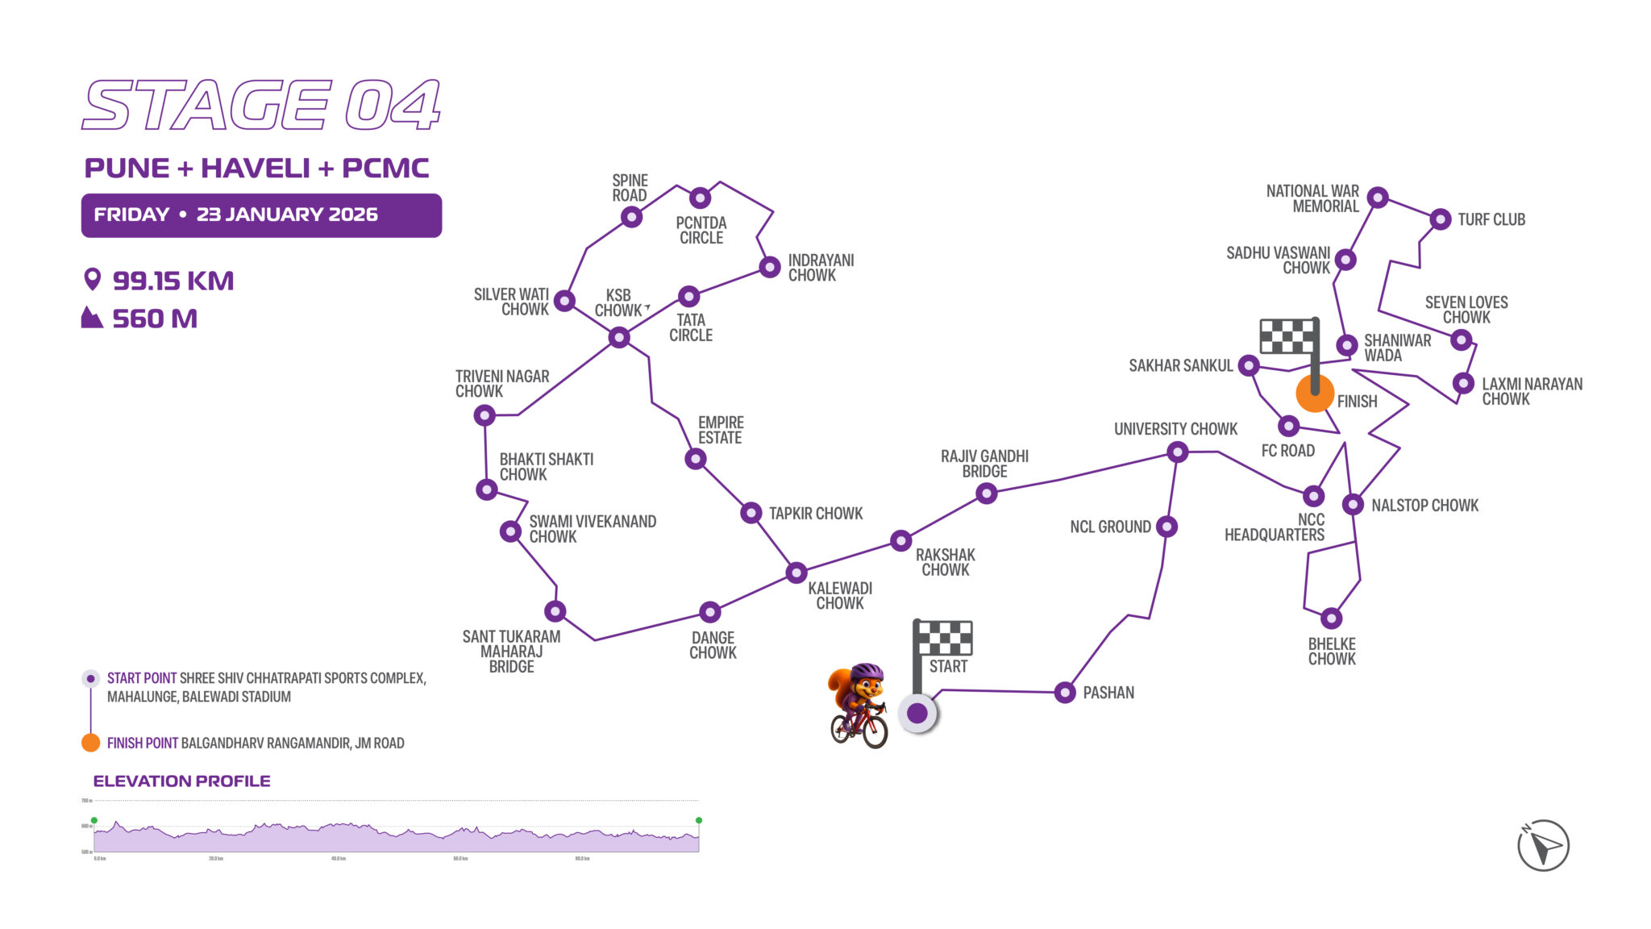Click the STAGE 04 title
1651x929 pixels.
tap(261, 105)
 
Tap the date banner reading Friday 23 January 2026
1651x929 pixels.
tap(261, 215)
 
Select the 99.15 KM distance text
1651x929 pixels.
tap(173, 281)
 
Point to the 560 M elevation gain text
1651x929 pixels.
tap(154, 319)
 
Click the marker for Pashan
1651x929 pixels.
tap(1065, 692)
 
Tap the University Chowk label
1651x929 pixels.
tap(1175, 429)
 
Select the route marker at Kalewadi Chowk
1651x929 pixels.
tap(796, 573)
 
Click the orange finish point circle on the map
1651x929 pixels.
tap(1315, 394)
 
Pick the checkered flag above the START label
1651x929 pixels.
tap(945, 637)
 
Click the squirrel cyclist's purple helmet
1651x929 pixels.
tap(867, 672)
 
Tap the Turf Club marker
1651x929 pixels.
tap(1441, 219)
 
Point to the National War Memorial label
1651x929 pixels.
tap(1312, 198)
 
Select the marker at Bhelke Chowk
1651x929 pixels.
tap(1331, 619)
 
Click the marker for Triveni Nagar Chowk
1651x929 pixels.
tap(484, 415)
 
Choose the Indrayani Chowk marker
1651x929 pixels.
tap(770, 267)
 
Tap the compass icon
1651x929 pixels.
tap(1543, 846)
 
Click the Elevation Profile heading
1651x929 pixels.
tap(181, 781)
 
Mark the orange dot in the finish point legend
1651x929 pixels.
tap(91, 743)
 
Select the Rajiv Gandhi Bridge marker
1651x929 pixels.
tap(987, 493)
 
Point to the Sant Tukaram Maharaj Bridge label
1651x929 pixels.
tap(511, 652)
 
